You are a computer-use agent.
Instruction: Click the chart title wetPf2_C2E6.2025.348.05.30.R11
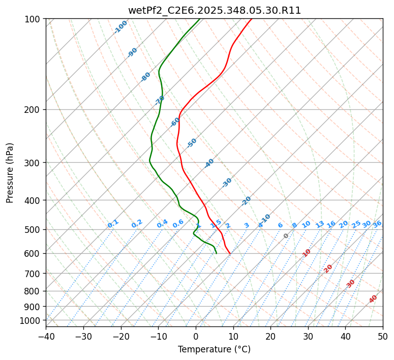(214, 10)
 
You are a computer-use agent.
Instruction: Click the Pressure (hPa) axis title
(10, 172)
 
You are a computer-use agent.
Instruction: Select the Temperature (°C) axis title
(214, 349)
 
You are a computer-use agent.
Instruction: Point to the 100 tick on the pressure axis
(34, 19)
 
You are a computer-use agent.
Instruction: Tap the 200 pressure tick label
(34, 110)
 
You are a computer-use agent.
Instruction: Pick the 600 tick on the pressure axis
(34, 254)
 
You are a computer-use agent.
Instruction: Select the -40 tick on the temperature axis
(46, 336)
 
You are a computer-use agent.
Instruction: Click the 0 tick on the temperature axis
(196, 336)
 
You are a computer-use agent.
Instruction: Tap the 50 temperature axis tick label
(383, 336)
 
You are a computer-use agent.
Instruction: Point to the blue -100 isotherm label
(120, 27)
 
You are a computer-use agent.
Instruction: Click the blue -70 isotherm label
(160, 100)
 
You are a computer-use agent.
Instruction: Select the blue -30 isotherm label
(227, 183)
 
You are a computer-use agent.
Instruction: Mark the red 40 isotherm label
(373, 299)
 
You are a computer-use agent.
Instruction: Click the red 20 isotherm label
(328, 268)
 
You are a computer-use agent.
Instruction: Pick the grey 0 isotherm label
(286, 236)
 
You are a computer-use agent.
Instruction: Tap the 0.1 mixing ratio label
(113, 224)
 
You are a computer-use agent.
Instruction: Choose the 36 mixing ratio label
(377, 224)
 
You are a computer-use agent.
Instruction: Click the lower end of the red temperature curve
(230, 253)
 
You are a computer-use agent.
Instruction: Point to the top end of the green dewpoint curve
(199, 19)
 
